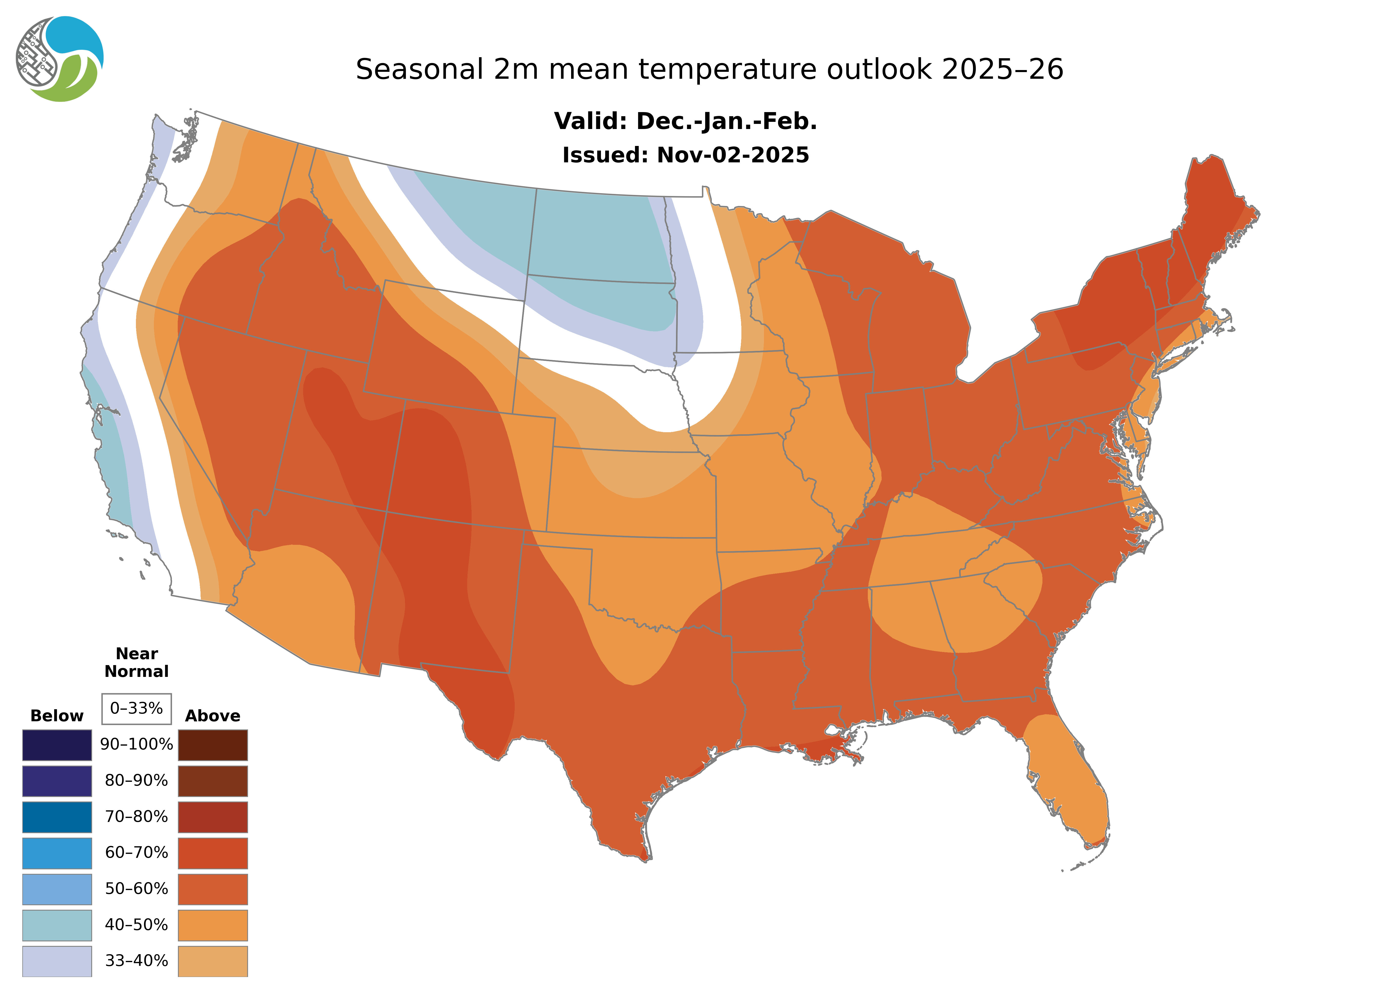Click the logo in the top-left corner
[x=59, y=59]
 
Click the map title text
[x=709, y=70]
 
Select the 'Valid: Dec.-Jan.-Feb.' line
[x=685, y=121]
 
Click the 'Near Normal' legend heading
[x=136, y=663]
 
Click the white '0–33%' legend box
[x=136, y=708]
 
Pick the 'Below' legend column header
[x=57, y=716]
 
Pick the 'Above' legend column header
[x=213, y=716]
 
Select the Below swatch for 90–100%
[x=57, y=745]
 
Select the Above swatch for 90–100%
[x=213, y=745]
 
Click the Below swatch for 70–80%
[x=57, y=817]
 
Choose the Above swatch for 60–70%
[x=213, y=853]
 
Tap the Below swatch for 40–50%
[x=57, y=925]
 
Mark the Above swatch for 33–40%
[x=213, y=961]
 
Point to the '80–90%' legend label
[x=136, y=781]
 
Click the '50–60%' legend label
[x=136, y=889]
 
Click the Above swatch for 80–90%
[x=213, y=781]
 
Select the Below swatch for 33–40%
[x=57, y=961]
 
